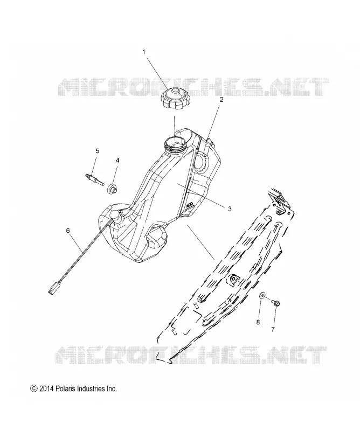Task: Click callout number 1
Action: pos(143,52)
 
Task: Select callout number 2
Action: pos(221,100)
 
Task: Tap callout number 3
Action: pos(230,208)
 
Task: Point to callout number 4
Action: pos(117,160)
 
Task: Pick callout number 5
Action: pos(97,151)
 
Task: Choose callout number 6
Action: pos(68,231)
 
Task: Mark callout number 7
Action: pos(273,329)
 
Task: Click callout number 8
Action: pos(258,322)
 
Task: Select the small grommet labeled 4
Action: pos(112,189)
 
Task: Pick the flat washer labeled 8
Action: pos(262,296)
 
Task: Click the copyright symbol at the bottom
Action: pos(33,388)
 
